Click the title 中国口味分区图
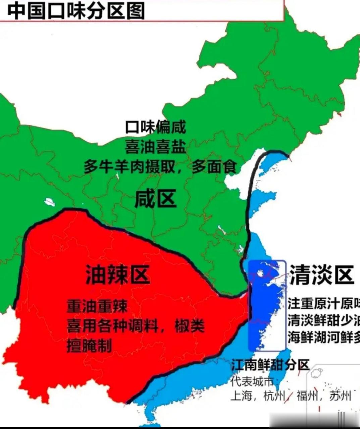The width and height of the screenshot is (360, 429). [76, 11]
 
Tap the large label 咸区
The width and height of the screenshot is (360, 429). [155, 199]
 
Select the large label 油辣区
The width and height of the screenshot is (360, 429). [118, 275]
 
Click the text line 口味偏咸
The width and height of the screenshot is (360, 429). [155, 127]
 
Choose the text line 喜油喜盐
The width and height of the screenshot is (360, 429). [155, 146]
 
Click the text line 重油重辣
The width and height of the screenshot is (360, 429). [98, 306]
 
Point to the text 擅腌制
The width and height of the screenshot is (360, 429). [89, 345]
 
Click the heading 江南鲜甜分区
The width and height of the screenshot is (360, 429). [270, 365]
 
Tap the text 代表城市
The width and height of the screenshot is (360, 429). [252, 381]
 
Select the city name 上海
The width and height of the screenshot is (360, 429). [241, 396]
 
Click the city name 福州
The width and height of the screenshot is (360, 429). [307, 396]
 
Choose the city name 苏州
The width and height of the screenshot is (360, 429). [340, 396]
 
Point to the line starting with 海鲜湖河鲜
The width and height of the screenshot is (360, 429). [323, 338]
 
